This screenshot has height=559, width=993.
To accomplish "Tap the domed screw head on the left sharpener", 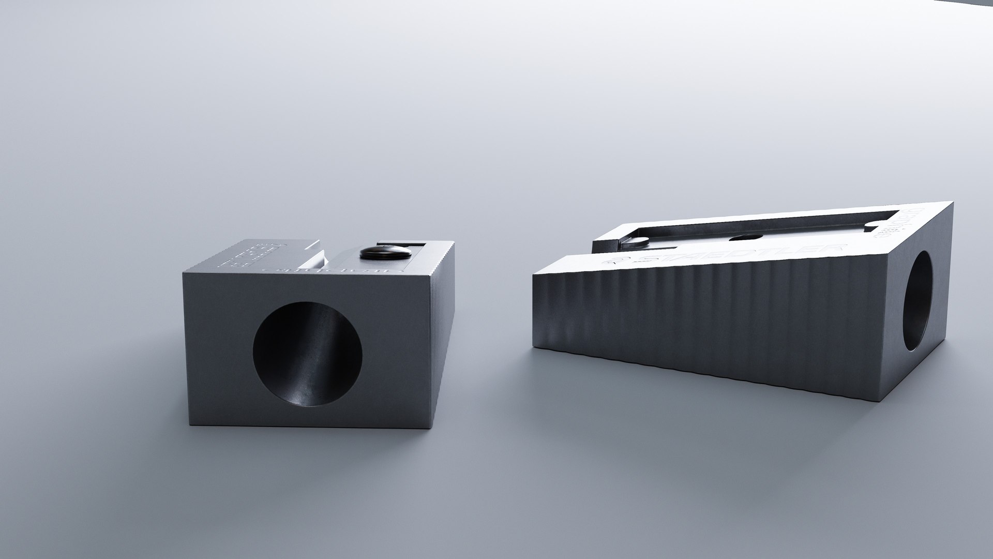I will coord(386,253).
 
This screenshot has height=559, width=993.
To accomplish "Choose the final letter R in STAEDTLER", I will coord(834,247).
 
